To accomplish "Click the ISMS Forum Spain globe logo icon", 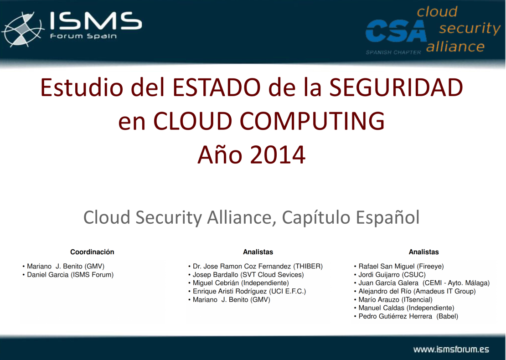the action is [x=23, y=30].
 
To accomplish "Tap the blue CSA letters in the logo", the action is [x=396, y=31].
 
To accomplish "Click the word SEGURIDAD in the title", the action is [x=396, y=87].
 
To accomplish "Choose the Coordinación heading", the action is [x=92, y=252].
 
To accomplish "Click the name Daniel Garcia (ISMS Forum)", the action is [x=70, y=275].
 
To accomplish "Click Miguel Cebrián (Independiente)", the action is [x=241, y=283].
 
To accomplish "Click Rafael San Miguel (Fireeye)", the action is [x=401, y=267].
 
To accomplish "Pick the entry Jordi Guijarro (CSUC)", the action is [x=392, y=275].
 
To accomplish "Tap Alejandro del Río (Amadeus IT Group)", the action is [x=417, y=292].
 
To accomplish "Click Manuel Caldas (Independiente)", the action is [x=406, y=308].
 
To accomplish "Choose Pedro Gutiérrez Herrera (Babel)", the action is [x=408, y=316].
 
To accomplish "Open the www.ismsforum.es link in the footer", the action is [x=451, y=350].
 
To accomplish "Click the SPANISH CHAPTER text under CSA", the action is [x=393, y=52].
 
